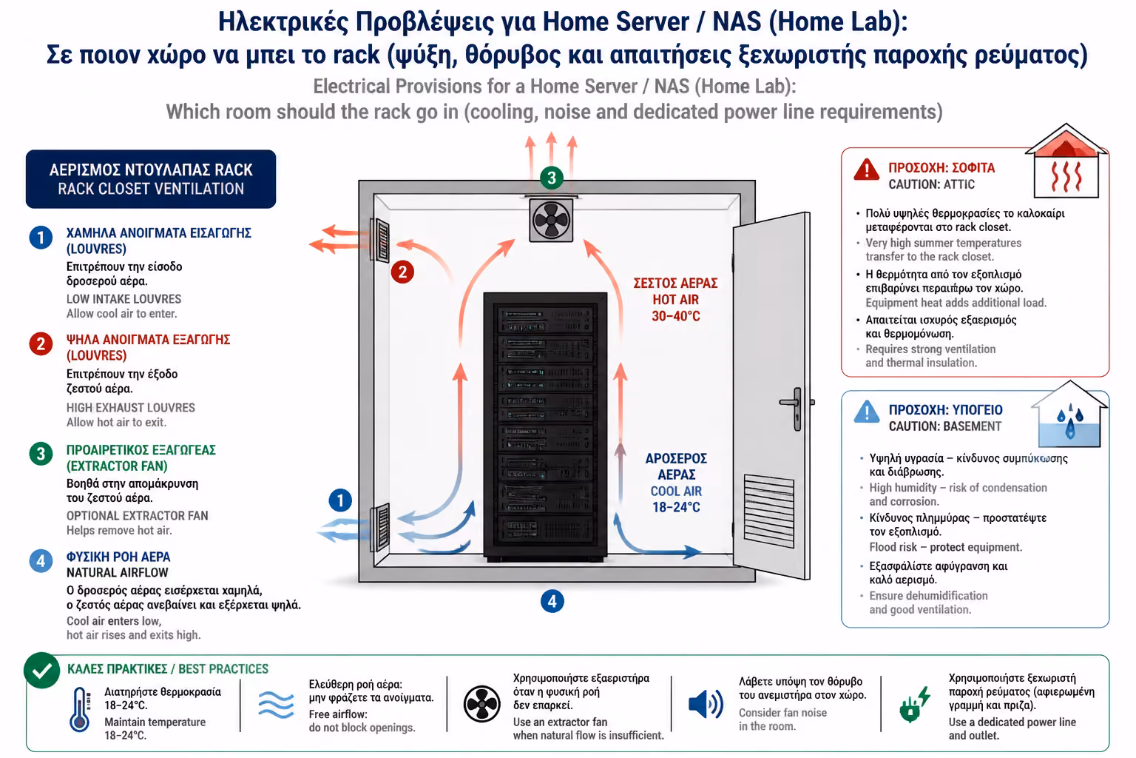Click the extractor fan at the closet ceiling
tap(551, 220)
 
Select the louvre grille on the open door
tap(769, 510)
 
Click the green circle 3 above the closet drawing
tap(552, 178)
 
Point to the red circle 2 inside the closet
tap(402, 272)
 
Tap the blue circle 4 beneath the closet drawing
tap(552, 602)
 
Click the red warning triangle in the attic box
tap(866, 170)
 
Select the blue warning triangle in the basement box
tap(867, 412)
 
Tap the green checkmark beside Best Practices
tap(42, 671)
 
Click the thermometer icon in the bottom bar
tap(80, 709)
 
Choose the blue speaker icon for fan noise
tap(706, 704)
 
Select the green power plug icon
tap(914, 704)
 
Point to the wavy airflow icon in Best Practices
tap(276, 705)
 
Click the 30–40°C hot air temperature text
tap(675, 316)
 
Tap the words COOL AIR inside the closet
tap(676, 492)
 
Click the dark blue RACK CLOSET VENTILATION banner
tap(151, 179)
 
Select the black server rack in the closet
tap(545, 427)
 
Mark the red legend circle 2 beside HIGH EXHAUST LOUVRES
tap(41, 344)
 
